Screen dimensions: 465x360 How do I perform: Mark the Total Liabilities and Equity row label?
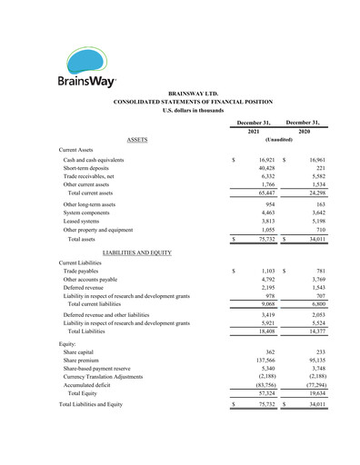coord(103,404)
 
